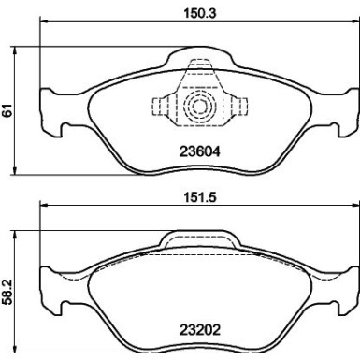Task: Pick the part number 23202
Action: [x=197, y=328]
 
